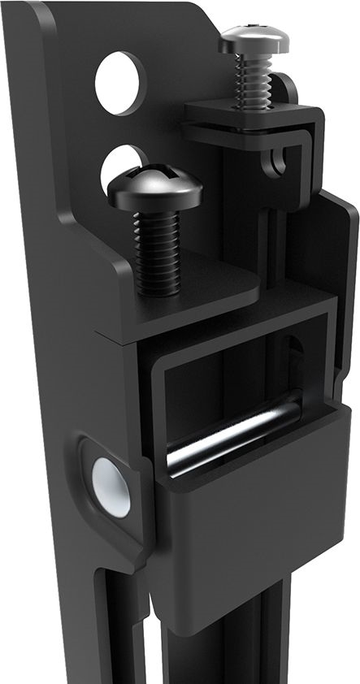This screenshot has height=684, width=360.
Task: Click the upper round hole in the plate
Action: point(119,83)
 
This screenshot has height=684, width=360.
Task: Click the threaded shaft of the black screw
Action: point(157,252)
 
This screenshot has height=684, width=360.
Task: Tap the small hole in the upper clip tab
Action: point(279,161)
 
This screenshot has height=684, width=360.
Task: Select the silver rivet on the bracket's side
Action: point(111,486)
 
